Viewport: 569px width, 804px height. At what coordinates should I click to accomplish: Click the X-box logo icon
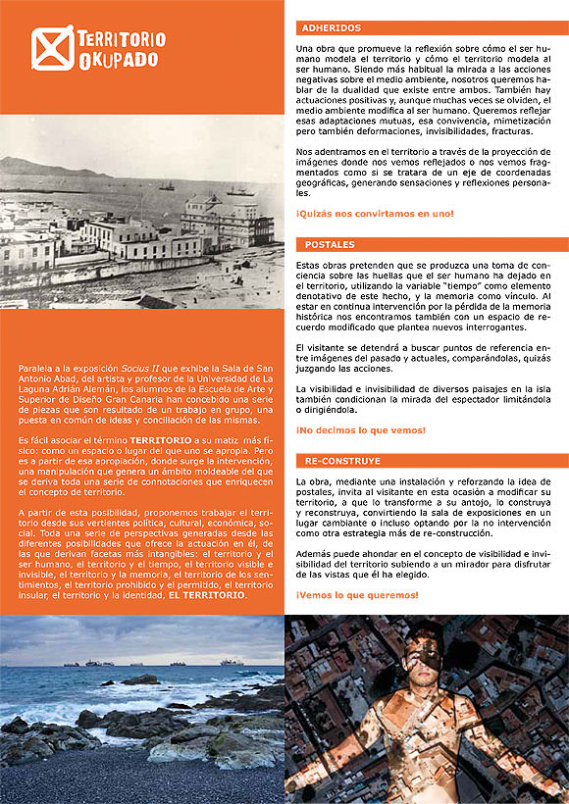(51, 48)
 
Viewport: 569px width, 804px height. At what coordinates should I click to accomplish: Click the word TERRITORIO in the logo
(121, 40)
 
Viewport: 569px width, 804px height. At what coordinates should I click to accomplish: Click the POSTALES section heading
(330, 244)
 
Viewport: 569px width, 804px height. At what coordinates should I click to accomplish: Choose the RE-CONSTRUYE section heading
(342, 460)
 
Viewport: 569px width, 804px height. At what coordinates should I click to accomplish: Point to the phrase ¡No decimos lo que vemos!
(360, 429)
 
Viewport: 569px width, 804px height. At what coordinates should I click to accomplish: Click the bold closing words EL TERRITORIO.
(208, 595)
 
